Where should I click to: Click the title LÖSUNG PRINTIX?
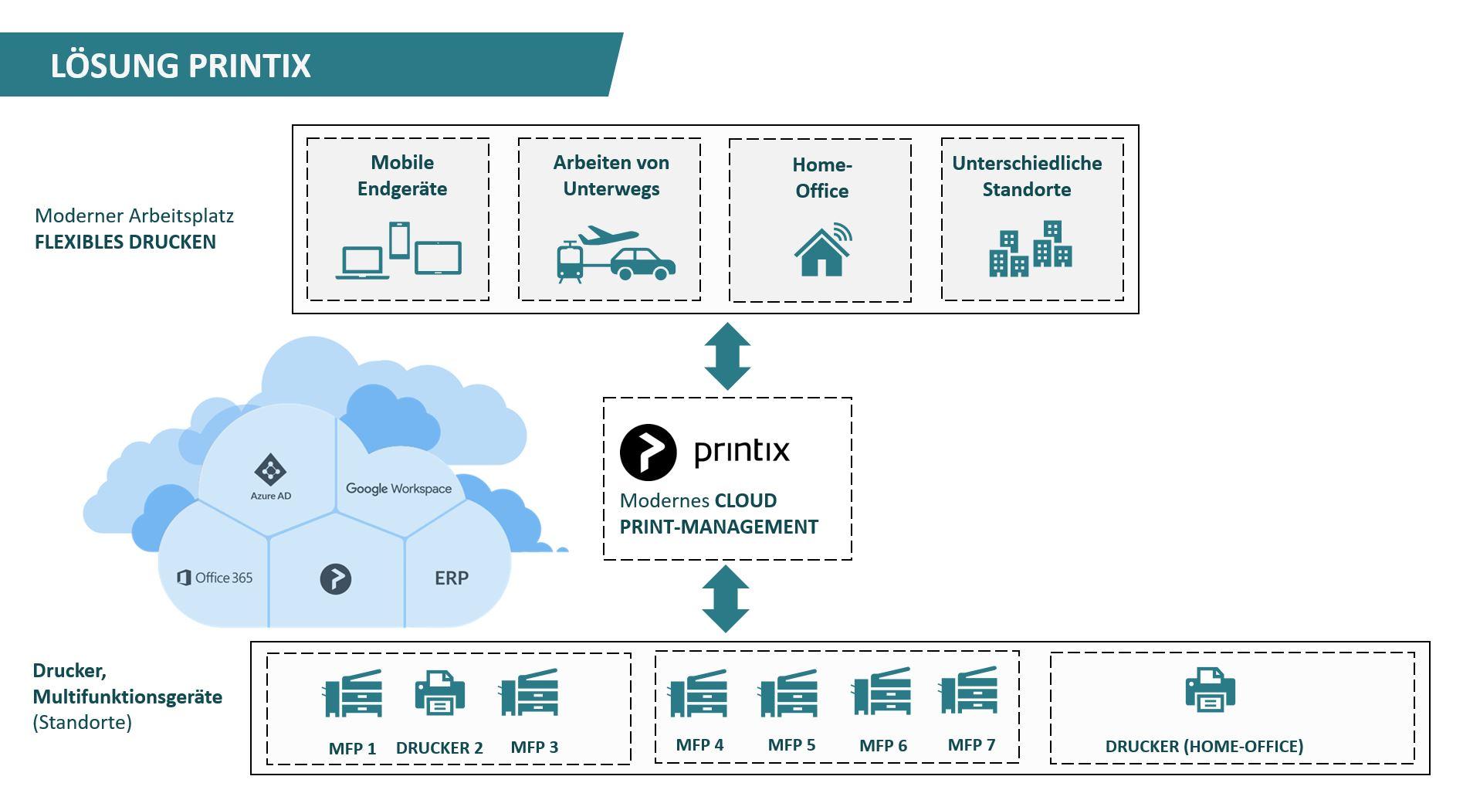tap(181, 65)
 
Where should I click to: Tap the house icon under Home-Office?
tap(823, 250)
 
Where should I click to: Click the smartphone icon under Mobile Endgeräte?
tap(399, 240)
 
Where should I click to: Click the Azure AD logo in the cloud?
tap(270, 470)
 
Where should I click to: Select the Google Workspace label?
tap(398, 489)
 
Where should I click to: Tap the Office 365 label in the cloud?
tap(215, 578)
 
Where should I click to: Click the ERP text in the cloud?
tap(452, 578)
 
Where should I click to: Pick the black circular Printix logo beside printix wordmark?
tap(649, 453)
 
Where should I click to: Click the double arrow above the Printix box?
tap(727, 356)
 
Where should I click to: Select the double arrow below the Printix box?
tap(726, 599)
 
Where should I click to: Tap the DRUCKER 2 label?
tap(439, 747)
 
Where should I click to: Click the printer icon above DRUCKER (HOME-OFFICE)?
tap(1210, 690)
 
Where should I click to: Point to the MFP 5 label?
tap(791, 745)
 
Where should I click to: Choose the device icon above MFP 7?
tap(968, 690)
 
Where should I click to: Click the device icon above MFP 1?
tap(353, 693)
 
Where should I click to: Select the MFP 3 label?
tap(534, 747)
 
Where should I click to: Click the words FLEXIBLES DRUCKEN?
tap(125, 242)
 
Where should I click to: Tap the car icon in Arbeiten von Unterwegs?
tap(642, 264)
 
